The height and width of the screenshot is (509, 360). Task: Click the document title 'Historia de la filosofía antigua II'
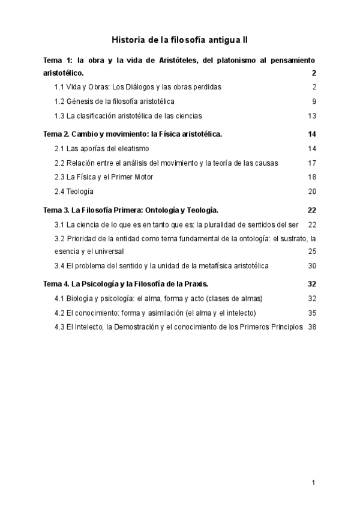(180, 40)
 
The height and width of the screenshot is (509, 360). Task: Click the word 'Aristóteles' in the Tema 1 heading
(178, 61)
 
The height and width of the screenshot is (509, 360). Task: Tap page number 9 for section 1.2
(314, 101)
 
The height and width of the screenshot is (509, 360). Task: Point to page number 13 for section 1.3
(312, 116)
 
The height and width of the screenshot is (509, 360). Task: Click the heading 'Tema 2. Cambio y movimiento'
(133, 134)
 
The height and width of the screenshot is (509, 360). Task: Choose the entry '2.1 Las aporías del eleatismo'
(101, 148)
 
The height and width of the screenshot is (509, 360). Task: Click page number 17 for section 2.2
(312, 163)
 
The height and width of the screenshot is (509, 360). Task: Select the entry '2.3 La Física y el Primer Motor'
(104, 177)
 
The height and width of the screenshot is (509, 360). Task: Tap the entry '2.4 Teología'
(74, 191)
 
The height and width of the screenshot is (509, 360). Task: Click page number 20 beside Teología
(312, 191)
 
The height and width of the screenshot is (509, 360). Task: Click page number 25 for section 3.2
(312, 251)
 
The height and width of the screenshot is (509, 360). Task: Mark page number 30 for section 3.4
(312, 265)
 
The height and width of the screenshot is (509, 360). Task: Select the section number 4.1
(59, 298)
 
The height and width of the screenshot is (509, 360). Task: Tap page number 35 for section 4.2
(312, 313)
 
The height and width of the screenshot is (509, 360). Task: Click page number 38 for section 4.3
(312, 327)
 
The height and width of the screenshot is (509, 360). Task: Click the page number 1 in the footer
(313, 482)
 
